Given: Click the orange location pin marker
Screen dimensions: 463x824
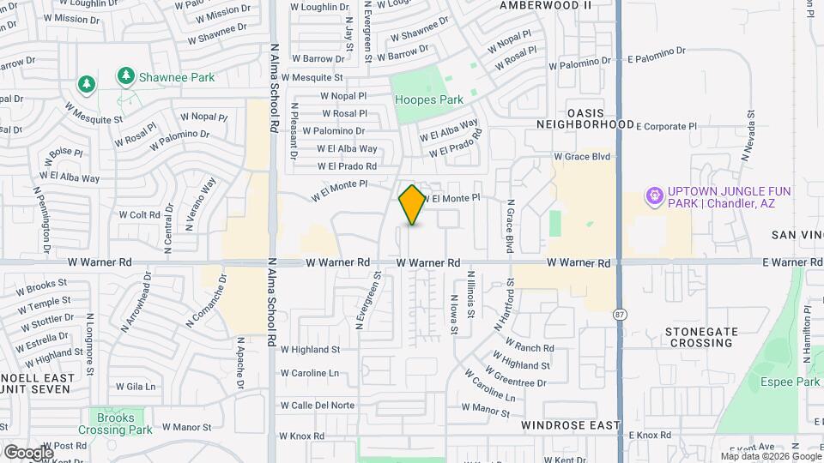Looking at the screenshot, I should coord(412,205).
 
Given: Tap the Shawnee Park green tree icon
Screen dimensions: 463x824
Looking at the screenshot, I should coord(125,77).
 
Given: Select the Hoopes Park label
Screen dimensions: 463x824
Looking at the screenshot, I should coord(428,99).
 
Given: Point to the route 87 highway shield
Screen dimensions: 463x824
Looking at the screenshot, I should coord(619,316).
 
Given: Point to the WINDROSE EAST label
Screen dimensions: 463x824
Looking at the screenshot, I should coord(570,424).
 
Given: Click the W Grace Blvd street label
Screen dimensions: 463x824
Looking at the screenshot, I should coord(581,157).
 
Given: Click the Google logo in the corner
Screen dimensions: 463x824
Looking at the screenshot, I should coord(28,452).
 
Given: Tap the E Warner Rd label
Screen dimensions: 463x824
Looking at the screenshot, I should coord(791,262).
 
